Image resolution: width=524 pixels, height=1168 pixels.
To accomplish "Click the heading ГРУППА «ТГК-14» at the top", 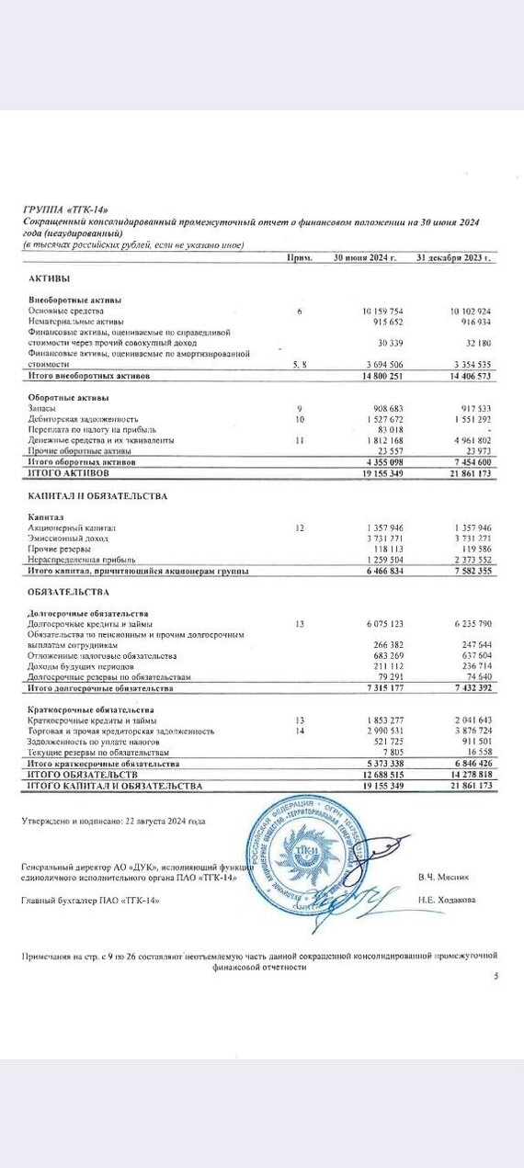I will pyautogui.click(x=71, y=210).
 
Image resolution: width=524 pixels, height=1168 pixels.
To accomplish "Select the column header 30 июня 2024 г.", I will pyautogui.click(x=364, y=258).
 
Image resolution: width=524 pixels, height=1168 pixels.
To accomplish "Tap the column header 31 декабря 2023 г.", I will pyautogui.click(x=453, y=258).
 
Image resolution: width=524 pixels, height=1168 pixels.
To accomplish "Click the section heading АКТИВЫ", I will pyautogui.click(x=50, y=278).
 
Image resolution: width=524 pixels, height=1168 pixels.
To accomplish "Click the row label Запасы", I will pyautogui.click(x=42, y=407).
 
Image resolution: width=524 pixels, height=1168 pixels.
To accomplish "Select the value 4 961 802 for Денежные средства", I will pyautogui.click(x=470, y=440).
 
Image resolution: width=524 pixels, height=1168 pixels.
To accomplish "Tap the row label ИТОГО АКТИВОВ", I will pyautogui.click(x=70, y=472).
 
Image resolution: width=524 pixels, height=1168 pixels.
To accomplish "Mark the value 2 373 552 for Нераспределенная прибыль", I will pyautogui.click(x=470, y=559).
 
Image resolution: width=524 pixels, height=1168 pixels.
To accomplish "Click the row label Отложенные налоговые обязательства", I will pyautogui.click(x=102, y=655).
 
